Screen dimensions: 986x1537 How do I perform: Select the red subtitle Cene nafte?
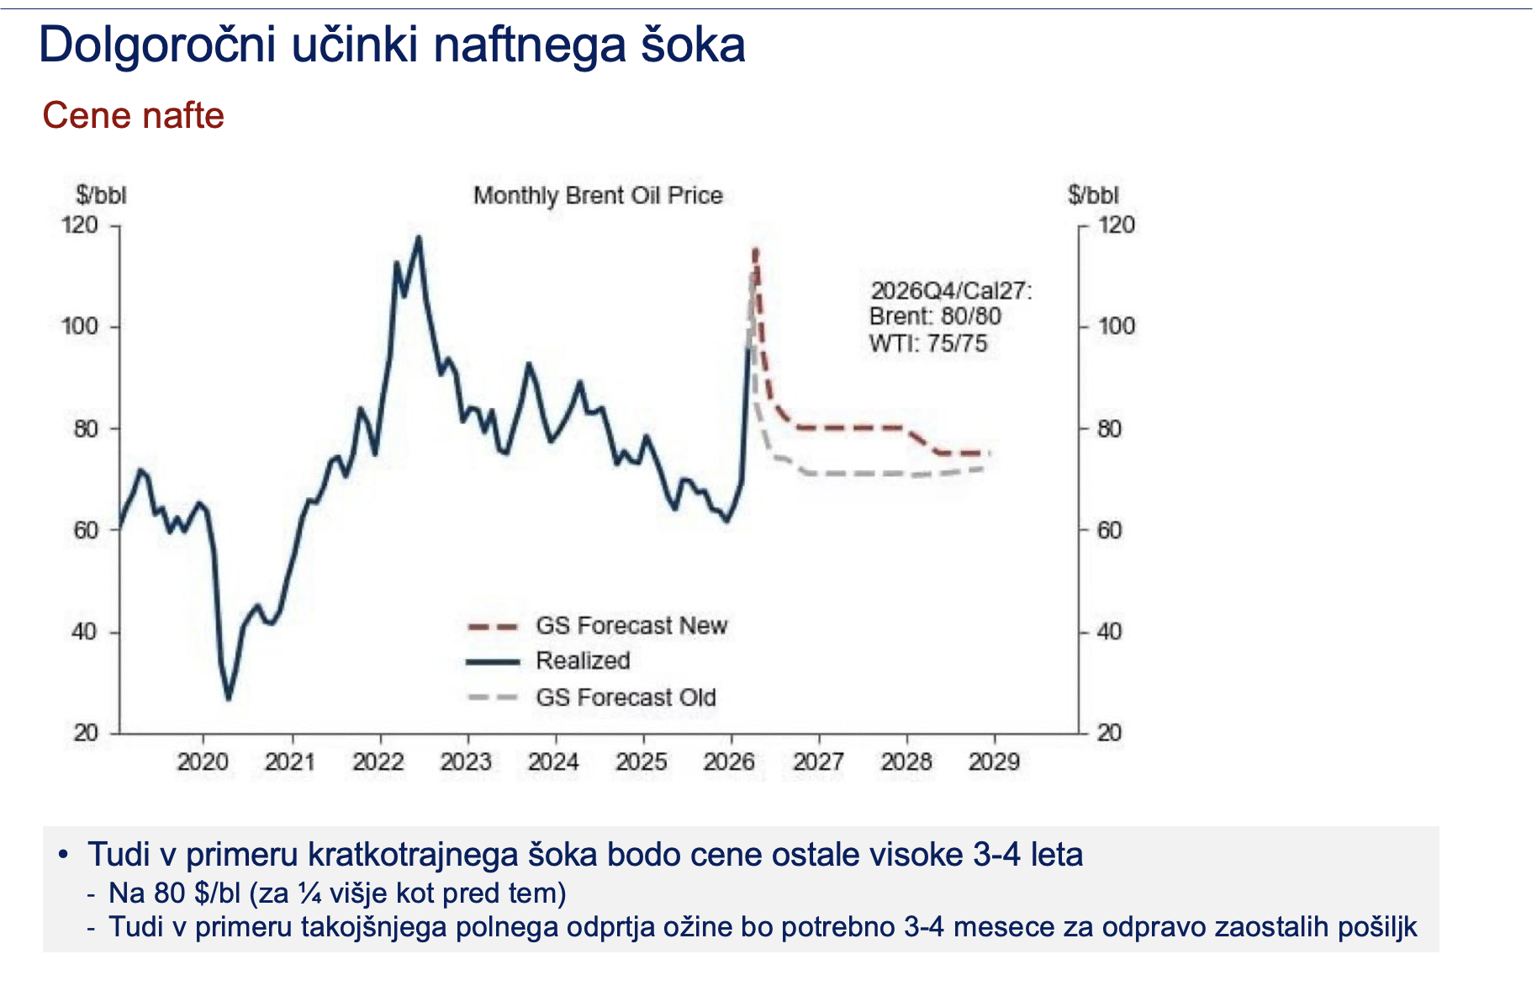(133, 115)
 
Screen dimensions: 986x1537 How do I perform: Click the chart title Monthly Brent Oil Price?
(598, 195)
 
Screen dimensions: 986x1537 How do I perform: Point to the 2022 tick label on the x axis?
(378, 762)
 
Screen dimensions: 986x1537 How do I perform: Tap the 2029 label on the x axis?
(994, 762)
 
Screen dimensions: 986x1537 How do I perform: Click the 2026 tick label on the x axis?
(729, 762)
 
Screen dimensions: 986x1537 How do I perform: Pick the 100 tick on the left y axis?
(79, 326)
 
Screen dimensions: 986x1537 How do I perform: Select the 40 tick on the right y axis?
(1109, 632)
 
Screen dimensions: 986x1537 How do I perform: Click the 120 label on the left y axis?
(79, 225)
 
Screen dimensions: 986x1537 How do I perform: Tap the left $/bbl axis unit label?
(101, 195)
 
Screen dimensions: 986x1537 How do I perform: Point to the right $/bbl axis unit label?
(1093, 195)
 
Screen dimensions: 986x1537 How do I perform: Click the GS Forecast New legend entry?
(631, 626)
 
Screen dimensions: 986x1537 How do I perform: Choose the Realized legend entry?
(583, 661)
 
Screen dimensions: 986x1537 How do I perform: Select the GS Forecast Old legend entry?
(626, 697)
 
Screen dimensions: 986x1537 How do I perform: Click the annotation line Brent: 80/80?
(935, 316)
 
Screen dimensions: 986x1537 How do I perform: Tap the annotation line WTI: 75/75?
(928, 343)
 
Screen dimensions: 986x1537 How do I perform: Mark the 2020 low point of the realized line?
(228, 698)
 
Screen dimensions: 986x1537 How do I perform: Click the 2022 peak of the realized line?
(419, 237)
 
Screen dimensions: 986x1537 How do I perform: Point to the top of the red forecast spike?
(755, 250)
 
